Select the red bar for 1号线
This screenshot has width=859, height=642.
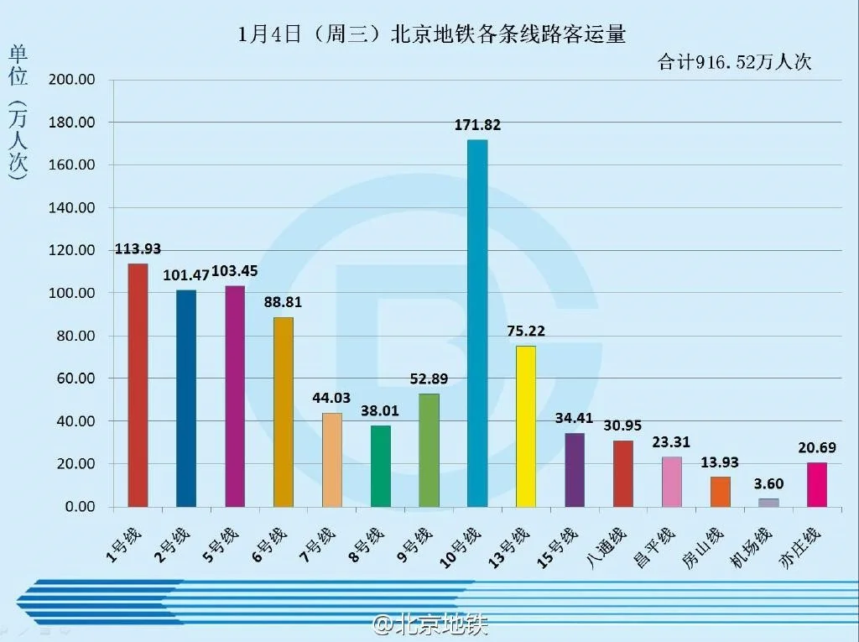(x=138, y=385)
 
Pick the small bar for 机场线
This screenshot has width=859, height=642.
(x=768, y=503)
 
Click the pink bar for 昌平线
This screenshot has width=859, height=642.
(x=672, y=482)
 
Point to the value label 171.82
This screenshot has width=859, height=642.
(x=477, y=125)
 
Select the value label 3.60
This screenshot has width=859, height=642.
(x=768, y=484)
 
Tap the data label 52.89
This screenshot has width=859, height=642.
(x=428, y=378)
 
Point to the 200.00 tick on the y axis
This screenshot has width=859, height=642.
(x=74, y=81)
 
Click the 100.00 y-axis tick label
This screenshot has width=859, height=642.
(x=74, y=294)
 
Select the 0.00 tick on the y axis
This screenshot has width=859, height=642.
(x=80, y=507)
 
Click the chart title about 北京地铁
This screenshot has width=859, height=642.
(x=431, y=34)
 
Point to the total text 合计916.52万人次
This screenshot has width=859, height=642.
(x=734, y=62)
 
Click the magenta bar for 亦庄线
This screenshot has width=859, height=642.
(x=817, y=485)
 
